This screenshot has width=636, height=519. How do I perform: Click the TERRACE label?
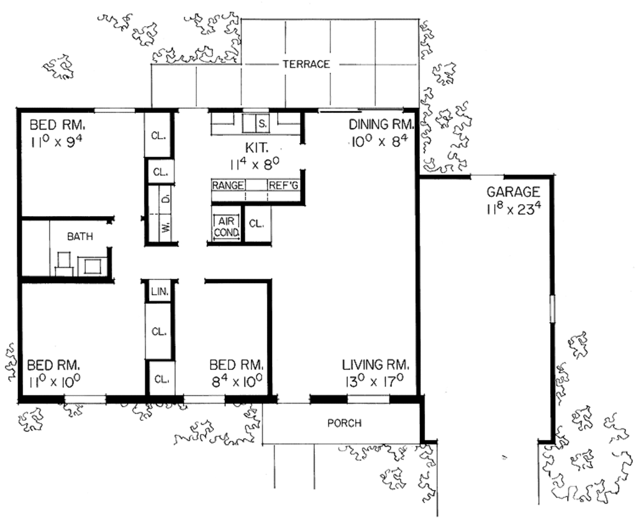click(x=306, y=64)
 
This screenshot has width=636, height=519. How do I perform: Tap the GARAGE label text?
click(x=513, y=192)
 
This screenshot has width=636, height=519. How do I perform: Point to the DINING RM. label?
click(x=381, y=124)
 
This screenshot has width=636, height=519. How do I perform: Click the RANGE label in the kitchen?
click(x=228, y=185)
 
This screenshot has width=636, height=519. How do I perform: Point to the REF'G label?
click(x=284, y=185)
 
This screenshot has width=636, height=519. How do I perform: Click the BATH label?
click(x=79, y=236)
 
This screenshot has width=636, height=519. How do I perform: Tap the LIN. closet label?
click(x=158, y=291)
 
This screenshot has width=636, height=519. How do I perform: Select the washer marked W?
click(x=166, y=227)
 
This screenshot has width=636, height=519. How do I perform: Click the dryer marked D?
click(x=166, y=199)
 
